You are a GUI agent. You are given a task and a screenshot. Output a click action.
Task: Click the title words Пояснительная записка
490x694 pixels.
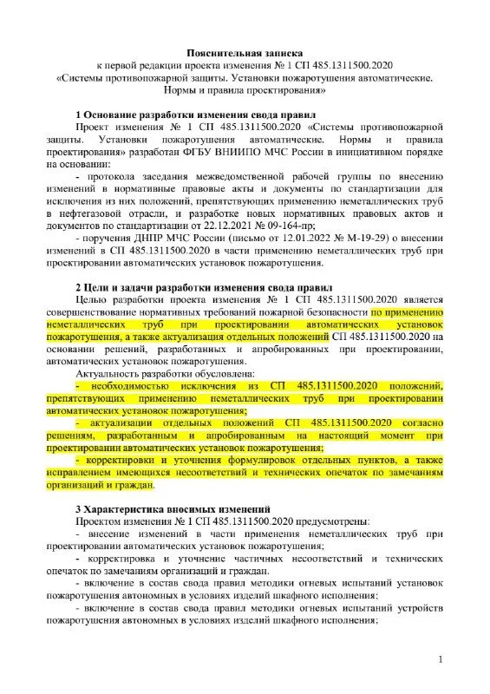pos(245,53)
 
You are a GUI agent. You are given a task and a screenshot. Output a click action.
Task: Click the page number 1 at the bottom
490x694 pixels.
pos(441,661)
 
